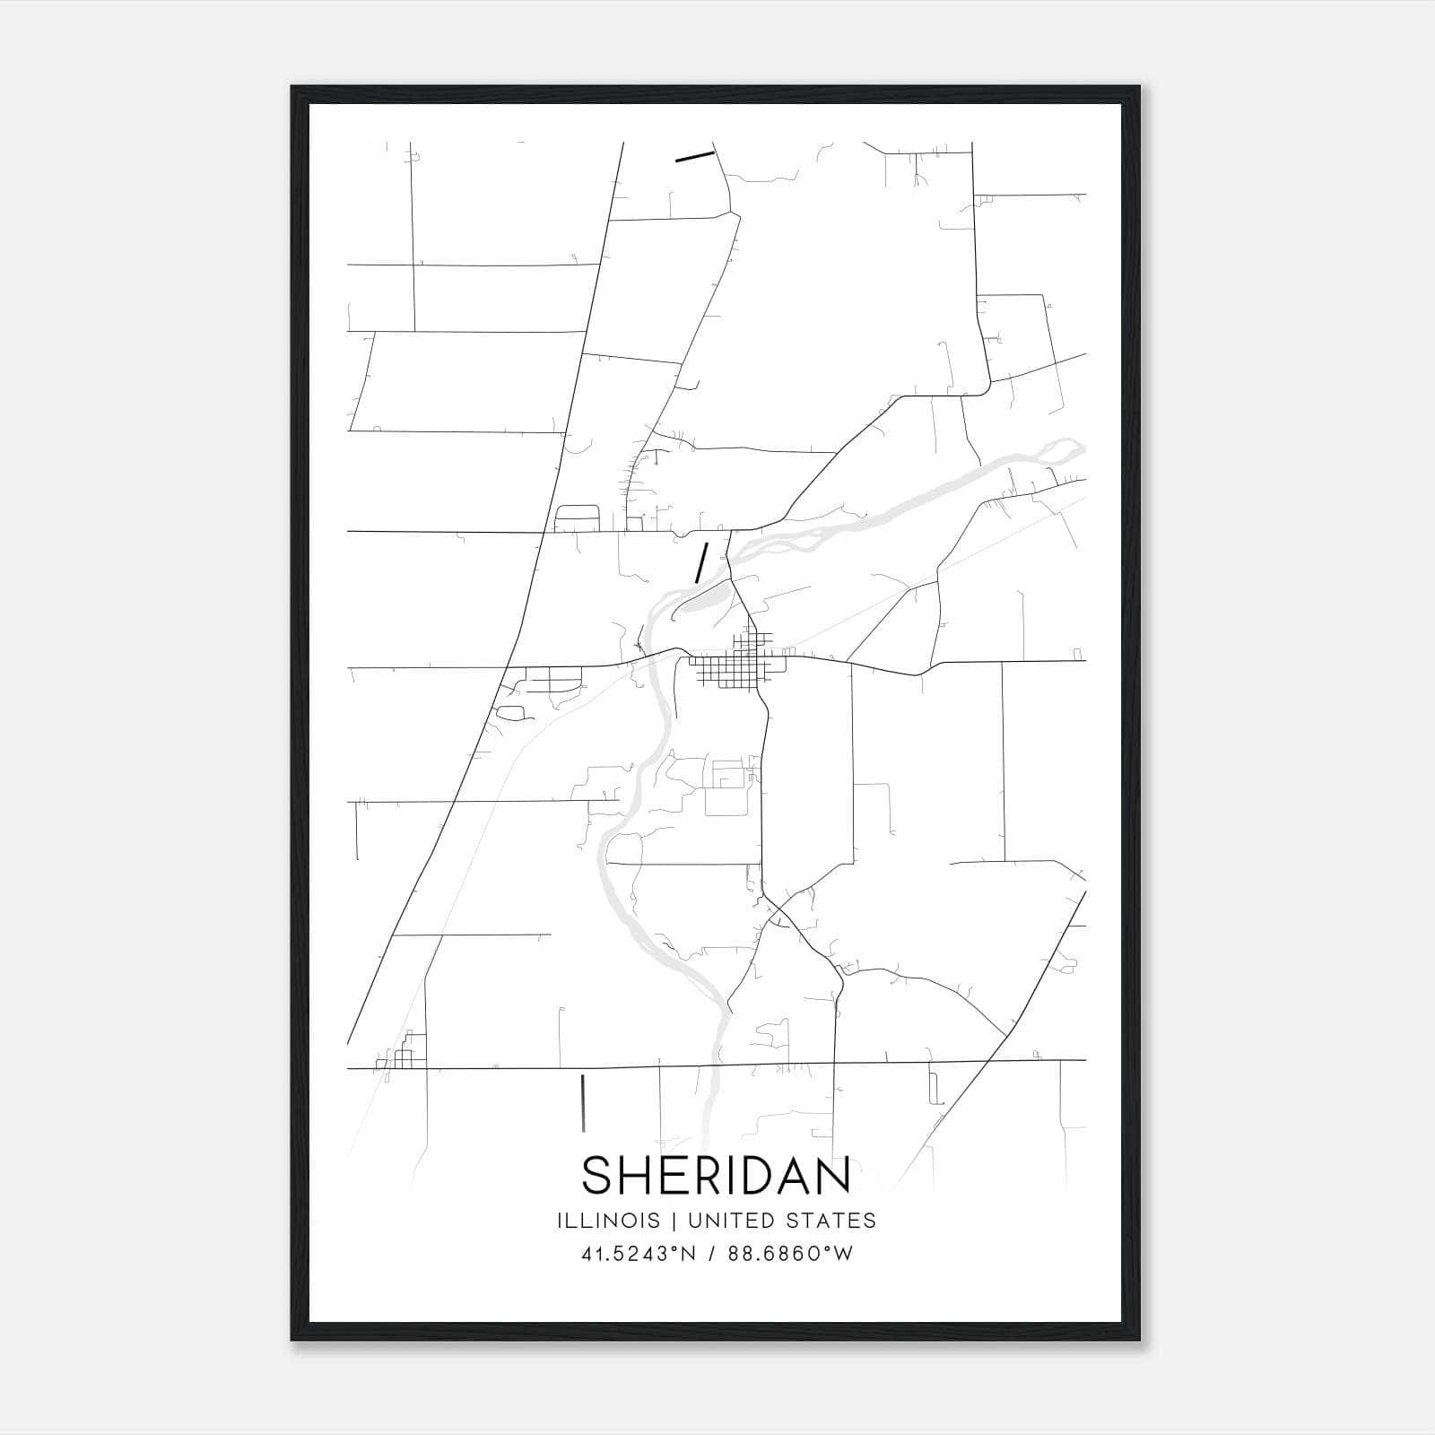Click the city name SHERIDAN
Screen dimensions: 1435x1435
(x=717, y=1176)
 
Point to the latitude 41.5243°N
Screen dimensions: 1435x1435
(x=638, y=1255)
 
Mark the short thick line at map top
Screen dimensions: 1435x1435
(x=694, y=157)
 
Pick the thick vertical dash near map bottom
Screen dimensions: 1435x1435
(x=584, y=1101)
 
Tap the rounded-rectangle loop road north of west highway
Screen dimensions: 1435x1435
(x=578, y=517)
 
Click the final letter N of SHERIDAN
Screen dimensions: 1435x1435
(x=833, y=1176)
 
